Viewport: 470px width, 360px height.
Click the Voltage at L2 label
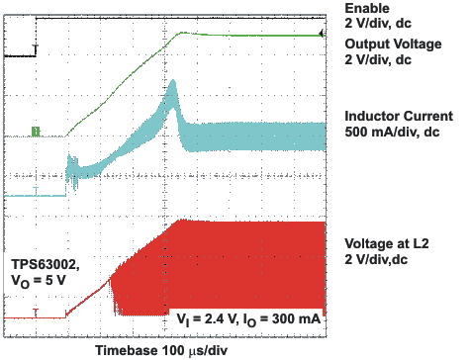pyautogui.click(x=391, y=243)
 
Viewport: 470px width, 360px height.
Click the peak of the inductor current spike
pyautogui.click(x=172, y=85)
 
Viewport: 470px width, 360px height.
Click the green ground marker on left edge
pyautogui.click(x=36, y=130)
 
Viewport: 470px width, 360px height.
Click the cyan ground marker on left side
pyautogui.click(x=36, y=189)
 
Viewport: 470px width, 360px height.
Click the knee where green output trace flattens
pyautogui.click(x=180, y=34)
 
